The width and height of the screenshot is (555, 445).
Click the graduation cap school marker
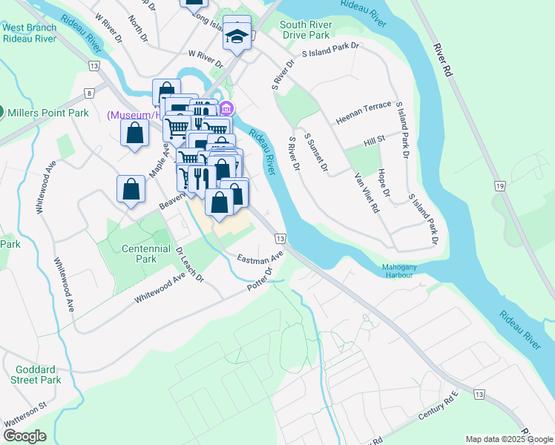pyautogui.click(x=237, y=34)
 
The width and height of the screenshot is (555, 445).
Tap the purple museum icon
pyautogui.click(x=226, y=108)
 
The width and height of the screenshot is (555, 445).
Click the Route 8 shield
pyautogui.click(x=89, y=93)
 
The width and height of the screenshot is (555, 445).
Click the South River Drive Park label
pyautogui.click(x=305, y=30)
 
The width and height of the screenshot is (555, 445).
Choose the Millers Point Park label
pyautogui.click(x=48, y=113)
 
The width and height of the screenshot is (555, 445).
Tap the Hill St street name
pyautogui.click(x=374, y=139)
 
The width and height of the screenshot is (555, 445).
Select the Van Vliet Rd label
pyautogui.click(x=367, y=193)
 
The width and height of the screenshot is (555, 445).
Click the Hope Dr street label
pyautogui.click(x=384, y=182)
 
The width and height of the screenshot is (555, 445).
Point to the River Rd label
pyautogui.click(x=443, y=59)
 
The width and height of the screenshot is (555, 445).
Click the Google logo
pyautogui.click(x=24, y=436)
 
